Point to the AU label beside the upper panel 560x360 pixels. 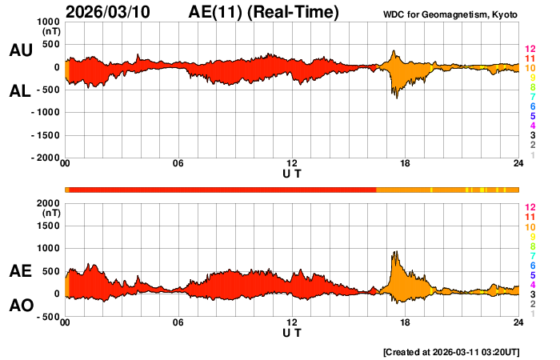(20, 50)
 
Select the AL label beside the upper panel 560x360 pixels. (20, 91)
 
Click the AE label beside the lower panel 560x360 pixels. (20, 272)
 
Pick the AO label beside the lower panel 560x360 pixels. (20, 306)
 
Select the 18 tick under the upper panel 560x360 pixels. (406, 164)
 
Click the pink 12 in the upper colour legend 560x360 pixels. (530, 50)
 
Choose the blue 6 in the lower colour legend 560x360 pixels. (532, 265)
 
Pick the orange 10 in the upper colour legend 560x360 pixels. (530, 69)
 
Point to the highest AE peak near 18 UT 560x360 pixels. (394, 252)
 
